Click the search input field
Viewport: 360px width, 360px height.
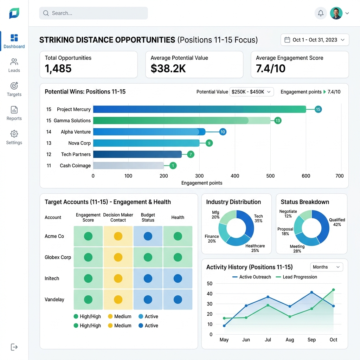tap(94, 13)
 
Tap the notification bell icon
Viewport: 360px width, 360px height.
tap(321, 13)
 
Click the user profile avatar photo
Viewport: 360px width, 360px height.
tap(336, 13)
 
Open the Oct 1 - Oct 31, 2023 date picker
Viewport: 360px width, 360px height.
tap(315, 40)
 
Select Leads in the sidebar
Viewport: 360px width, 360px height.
tap(14, 65)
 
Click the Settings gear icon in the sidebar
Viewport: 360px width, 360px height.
tap(14, 134)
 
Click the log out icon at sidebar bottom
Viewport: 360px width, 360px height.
tap(14, 347)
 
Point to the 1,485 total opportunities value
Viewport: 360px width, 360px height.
tap(58, 69)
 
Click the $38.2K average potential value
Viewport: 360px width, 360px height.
tap(168, 69)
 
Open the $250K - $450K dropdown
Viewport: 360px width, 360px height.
tap(251, 92)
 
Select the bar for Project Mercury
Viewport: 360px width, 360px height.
tap(200, 109)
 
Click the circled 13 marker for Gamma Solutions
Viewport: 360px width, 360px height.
tap(278, 121)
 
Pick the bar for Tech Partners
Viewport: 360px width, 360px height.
tap(137, 154)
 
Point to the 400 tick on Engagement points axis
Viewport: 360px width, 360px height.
tap(234, 176)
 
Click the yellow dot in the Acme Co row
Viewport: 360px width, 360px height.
tap(118, 236)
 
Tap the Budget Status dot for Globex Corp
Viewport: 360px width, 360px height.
tap(148, 257)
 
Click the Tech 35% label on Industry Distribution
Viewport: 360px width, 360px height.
tap(258, 218)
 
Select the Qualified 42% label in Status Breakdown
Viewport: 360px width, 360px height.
tap(337, 222)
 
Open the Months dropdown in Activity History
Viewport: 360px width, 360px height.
tap(327, 267)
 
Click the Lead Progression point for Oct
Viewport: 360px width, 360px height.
tap(333, 290)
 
